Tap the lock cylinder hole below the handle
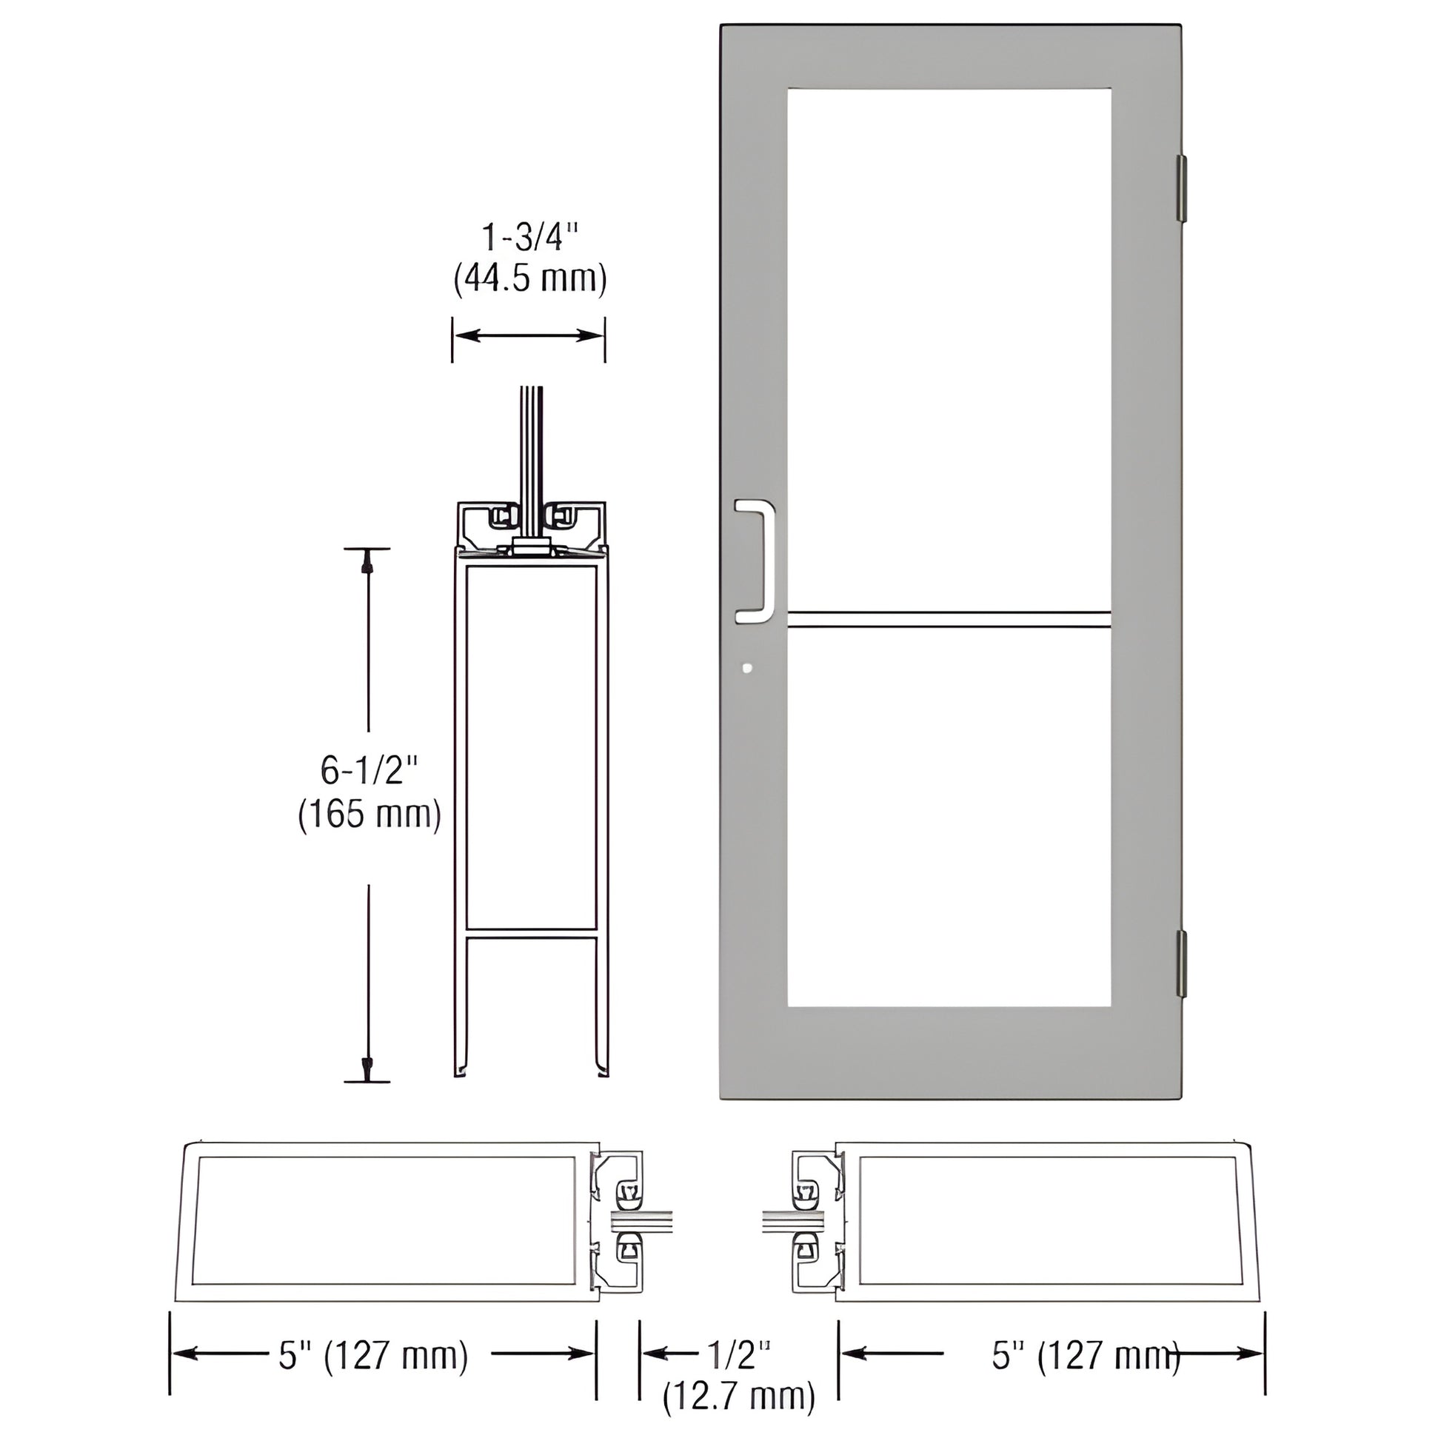click(747, 669)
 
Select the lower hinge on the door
click(1180, 963)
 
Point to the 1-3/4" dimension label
click(529, 238)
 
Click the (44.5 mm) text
click(529, 278)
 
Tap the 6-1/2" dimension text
click(369, 769)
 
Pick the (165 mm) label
click(370, 815)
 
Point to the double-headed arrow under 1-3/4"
click(529, 335)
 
